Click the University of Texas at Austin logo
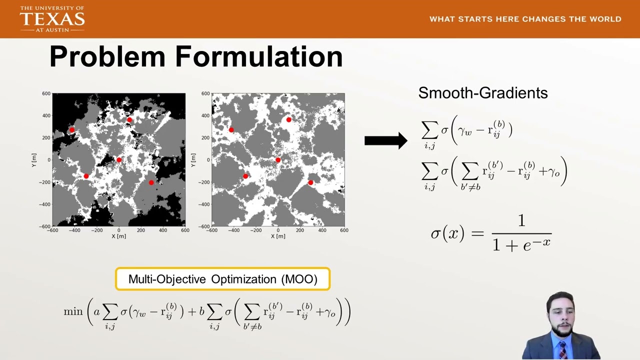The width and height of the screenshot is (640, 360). tap(52, 19)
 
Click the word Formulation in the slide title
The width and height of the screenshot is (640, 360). tap(258, 56)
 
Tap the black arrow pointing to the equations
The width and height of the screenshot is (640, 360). tap(385, 140)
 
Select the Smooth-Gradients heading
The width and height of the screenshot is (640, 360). tap(482, 93)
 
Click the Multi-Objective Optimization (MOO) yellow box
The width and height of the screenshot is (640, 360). tap(222, 279)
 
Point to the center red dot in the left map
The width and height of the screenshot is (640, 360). tap(119, 160)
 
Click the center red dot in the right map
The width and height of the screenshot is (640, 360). tap(278, 160)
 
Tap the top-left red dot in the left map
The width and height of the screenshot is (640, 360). tap(72, 130)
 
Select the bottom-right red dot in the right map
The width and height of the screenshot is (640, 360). tap(310, 182)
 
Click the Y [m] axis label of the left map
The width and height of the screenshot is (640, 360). tap(34, 160)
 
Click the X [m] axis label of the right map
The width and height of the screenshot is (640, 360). tap(278, 236)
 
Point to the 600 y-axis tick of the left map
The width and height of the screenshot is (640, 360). tap(46, 93)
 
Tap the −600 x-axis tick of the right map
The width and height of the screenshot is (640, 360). tap(212, 230)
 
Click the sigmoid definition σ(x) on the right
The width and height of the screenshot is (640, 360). tap(490, 233)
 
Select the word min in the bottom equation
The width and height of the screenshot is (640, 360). tap(73, 311)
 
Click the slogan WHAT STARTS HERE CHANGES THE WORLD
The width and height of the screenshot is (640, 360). tap(525, 19)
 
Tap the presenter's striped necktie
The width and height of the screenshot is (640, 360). tap(563, 350)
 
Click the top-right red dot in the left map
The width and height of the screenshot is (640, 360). tap(129, 120)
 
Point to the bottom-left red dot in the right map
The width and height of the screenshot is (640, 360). tap(245, 176)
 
